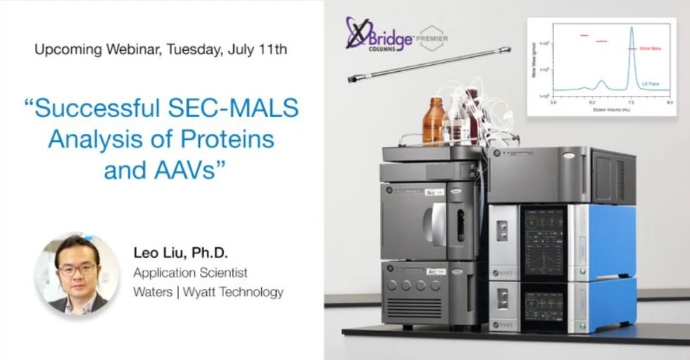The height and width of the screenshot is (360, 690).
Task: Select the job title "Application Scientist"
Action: point(190,273)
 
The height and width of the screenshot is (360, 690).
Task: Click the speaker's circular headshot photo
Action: point(77,273)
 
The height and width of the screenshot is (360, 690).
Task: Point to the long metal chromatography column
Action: point(429,64)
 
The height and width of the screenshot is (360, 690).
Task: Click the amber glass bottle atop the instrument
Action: point(433,120)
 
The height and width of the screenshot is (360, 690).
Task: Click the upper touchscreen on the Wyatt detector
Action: point(544,240)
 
